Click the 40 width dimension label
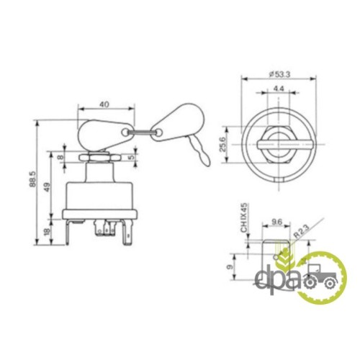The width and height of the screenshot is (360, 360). (x=104, y=104)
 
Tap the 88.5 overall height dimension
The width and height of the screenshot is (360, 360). (x=32, y=179)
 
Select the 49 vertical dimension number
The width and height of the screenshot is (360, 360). (x=47, y=187)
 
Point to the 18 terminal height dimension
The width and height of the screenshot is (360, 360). (x=48, y=231)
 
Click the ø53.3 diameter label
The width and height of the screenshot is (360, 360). (x=279, y=74)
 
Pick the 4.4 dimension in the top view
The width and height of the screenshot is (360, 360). (x=279, y=89)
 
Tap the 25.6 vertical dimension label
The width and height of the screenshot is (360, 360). (x=223, y=144)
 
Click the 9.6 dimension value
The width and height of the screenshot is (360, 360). (x=276, y=222)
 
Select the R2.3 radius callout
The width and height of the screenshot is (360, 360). (x=302, y=230)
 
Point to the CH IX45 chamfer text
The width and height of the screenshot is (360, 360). (x=244, y=217)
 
